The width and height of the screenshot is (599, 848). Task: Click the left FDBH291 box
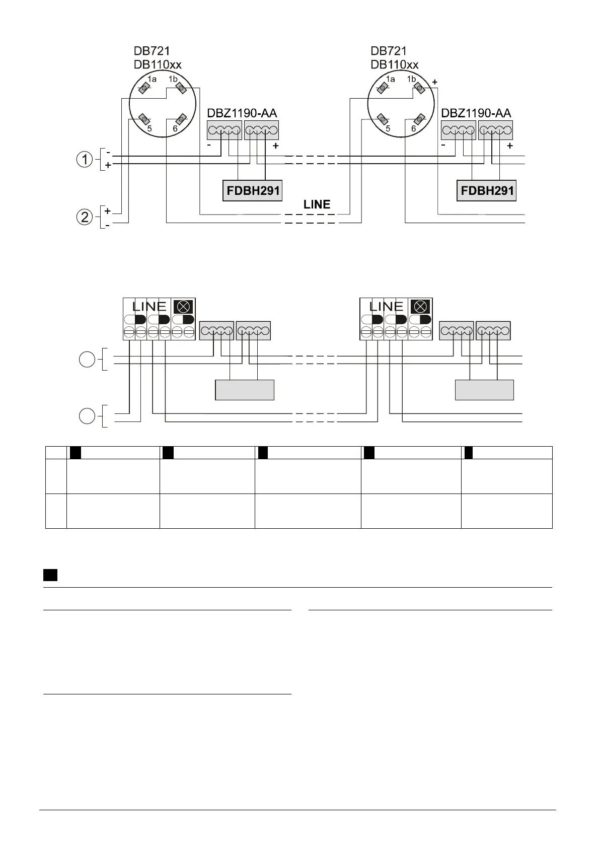[x=252, y=191]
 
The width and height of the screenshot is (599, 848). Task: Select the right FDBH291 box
[x=486, y=191]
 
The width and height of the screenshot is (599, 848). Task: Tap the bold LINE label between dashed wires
[x=317, y=204]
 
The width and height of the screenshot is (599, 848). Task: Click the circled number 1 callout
[x=85, y=160]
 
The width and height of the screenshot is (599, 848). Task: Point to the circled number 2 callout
[x=85, y=218]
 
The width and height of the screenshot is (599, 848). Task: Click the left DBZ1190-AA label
[x=242, y=113]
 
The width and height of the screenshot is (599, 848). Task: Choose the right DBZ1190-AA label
[x=476, y=113]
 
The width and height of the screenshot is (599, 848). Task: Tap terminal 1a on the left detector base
[x=144, y=89]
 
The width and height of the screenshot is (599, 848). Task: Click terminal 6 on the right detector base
[x=418, y=120]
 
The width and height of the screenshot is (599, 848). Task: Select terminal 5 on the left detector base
[x=143, y=120]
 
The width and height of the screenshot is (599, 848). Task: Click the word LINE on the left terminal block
[x=149, y=307]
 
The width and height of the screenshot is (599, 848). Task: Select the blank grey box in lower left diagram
[x=245, y=390]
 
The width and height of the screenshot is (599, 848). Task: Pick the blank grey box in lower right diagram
[x=484, y=390]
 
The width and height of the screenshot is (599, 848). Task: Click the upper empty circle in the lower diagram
[x=87, y=360]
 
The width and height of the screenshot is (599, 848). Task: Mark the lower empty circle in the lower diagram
[x=87, y=416]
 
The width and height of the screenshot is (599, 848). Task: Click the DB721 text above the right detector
[x=389, y=51]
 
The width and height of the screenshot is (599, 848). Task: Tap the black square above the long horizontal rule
[x=50, y=575]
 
